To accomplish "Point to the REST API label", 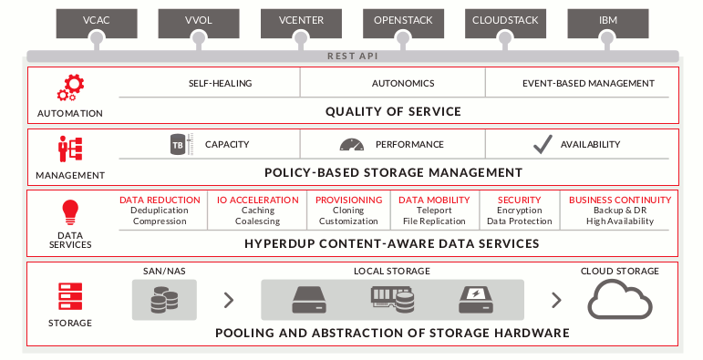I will point(351,56).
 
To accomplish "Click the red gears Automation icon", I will point(69,88).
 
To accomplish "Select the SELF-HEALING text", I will point(221,84).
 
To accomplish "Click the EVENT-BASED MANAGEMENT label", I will point(588,84).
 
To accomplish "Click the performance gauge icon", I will point(352,144).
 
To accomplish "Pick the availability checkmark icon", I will point(543,144).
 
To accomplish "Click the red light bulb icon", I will point(69,211).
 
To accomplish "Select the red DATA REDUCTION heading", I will point(160,200).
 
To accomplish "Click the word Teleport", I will point(434,211).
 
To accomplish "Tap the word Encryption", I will point(519,211).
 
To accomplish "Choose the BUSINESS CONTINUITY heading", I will point(620,200).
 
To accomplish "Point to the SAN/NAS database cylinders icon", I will point(164,299).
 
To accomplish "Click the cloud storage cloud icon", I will point(619,299).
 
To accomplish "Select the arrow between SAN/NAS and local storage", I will point(229,300).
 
